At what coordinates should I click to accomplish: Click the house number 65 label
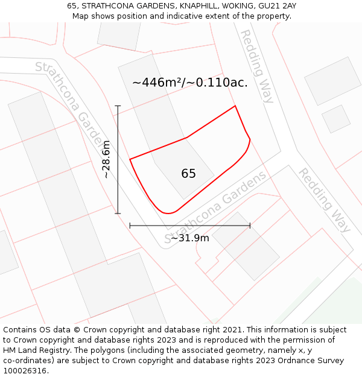coord(188,174)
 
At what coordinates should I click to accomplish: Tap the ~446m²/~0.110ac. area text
coord(189,83)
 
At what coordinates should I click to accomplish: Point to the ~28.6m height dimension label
coord(107,159)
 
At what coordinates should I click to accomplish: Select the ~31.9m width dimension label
coord(189,238)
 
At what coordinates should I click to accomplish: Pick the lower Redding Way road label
coord(324,200)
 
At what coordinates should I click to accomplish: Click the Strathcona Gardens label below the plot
coord(217,207)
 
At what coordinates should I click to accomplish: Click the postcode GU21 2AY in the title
coord(277,5)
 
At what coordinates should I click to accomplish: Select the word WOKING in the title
coord(231,5)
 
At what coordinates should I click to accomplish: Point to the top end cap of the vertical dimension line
coord(118,106)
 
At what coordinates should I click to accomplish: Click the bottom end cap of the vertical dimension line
coord(118,213)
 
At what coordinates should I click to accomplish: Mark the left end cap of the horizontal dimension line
coord(130,226)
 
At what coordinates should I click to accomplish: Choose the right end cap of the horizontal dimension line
coord(250,226)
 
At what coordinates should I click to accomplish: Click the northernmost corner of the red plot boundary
coord(235,106)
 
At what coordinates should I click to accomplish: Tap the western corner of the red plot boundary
coord(130,159)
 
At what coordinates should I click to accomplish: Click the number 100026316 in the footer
coord(25,370)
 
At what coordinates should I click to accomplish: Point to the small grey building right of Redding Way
coord(336,119)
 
